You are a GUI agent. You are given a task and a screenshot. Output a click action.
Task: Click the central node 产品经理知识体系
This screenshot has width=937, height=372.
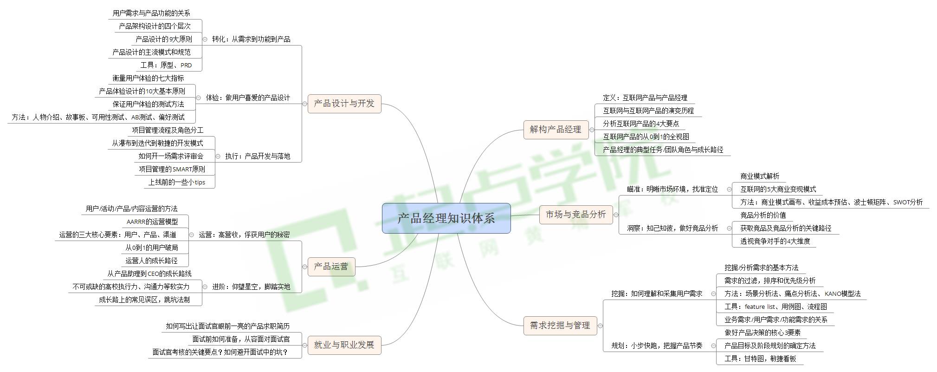(446, 218)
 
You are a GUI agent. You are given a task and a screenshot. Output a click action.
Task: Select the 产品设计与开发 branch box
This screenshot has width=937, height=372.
(344, 104)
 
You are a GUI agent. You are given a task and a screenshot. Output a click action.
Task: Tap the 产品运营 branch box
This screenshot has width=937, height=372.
(331, 267)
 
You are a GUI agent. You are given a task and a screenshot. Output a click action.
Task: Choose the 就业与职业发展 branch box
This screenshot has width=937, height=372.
(344, 345)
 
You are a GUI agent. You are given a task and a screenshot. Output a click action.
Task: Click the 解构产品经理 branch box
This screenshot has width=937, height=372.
(556, 130)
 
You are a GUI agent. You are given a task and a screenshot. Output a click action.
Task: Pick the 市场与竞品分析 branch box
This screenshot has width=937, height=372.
(575, 215)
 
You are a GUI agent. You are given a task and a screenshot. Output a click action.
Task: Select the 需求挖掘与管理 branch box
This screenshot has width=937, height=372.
(560, 326)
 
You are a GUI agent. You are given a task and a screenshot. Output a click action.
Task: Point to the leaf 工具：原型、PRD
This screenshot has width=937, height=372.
(166, 65)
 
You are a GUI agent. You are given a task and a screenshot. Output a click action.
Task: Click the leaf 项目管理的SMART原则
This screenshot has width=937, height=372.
(172, 170)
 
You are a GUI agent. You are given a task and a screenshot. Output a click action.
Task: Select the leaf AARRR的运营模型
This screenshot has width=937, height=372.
(152, 222)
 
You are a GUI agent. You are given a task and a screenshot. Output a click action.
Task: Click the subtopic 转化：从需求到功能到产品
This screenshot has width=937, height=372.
(251, 39)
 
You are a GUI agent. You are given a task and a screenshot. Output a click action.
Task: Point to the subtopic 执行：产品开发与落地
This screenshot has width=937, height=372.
(258, 157)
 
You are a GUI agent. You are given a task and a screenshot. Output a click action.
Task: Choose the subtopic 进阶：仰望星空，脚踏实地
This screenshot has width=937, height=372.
(251, 287)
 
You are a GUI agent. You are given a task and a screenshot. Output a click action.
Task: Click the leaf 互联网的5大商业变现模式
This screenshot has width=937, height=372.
(778, 189)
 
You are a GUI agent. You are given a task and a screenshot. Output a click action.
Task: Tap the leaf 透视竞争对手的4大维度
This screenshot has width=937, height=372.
(775, 241)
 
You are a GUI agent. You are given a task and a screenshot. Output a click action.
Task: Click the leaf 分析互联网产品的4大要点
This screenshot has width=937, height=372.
(640, 124)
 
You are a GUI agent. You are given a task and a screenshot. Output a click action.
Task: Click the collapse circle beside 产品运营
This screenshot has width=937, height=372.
(304, 267)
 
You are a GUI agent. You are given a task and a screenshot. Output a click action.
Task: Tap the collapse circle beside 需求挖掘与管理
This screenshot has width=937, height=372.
(600, 326)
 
